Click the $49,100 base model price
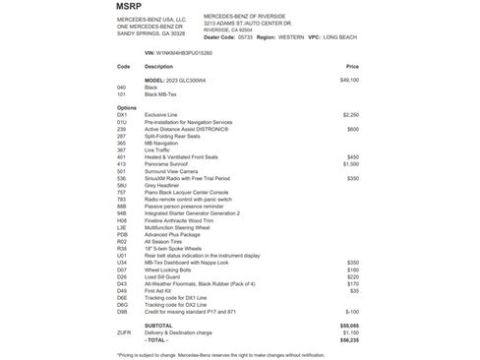[x=349, y=80]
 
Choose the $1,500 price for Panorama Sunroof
[x=351, y=163]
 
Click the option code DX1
[x=122, y=114]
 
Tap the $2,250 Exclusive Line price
[x=351, y=114]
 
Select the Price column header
[x=352, y=66]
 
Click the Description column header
[x=158, y=66]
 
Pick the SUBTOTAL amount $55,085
[x=349, y=325]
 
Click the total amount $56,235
[x=349, y=338]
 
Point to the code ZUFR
[x=124, y=331]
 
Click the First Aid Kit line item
[x=159, y=290]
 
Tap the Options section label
[x=127, y=107]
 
